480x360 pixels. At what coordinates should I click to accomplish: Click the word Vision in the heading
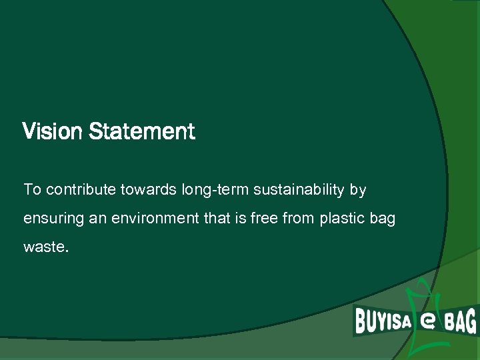pyautogui.click(x=53, y=131)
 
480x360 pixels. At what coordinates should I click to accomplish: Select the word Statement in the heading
pyautogui.click(x=141, y=131)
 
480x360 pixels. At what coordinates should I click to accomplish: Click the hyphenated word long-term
pyautogui.click(x=207, y=191)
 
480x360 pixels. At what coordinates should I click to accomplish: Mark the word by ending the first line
pyautogui.click(x=358, y=191)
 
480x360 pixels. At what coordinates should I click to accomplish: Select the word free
pyautogui.click(x=265, y=219)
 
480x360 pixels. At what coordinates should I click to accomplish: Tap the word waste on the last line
pyautogui.click(x=44, y=247)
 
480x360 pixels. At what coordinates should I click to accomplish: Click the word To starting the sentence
pyautogui.click(x=32, y=190)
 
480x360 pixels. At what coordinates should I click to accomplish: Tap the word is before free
pyautogui.click(x=239, y=219)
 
